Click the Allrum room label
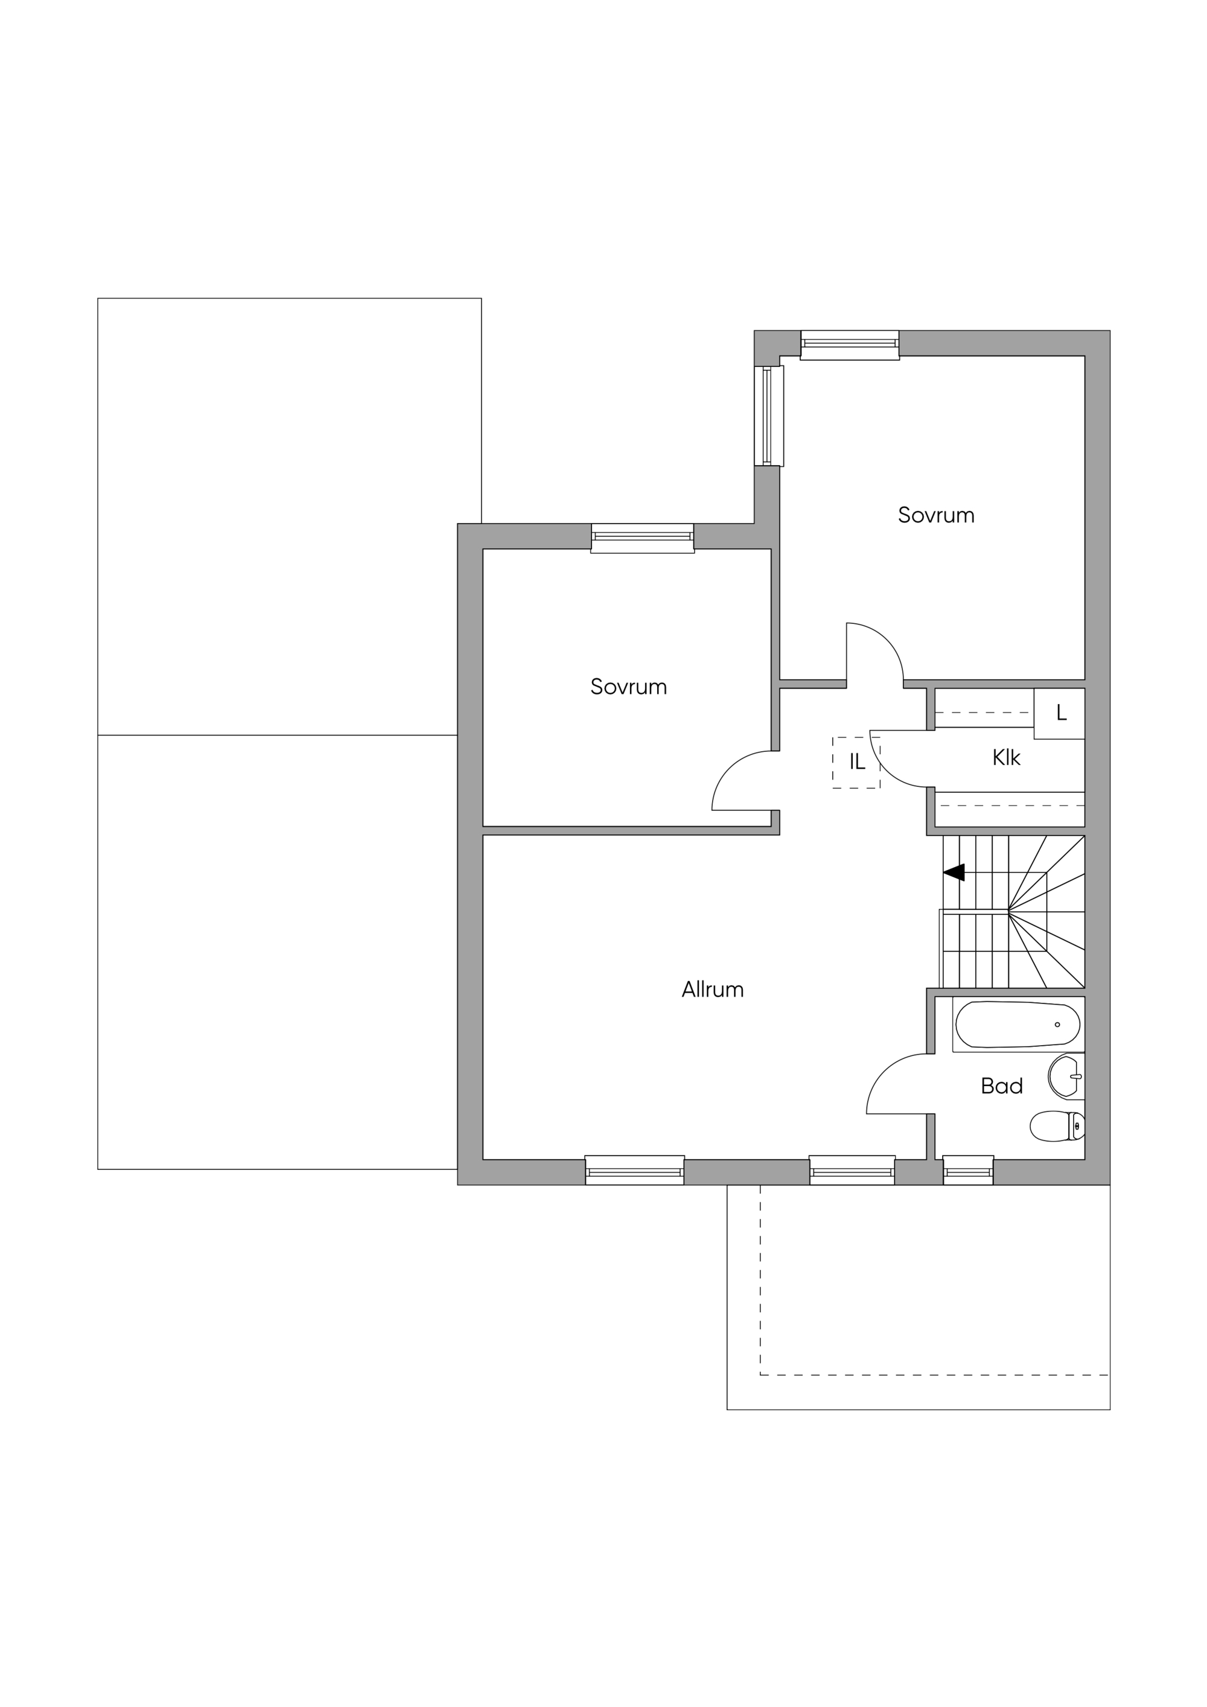pos(713,990)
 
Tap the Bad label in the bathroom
pos(1002,1086)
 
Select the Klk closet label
pos(1006,758)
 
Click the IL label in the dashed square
pos(858,761)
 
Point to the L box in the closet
pos(1060,713)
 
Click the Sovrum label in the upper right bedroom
pos(936,515)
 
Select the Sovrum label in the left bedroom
pos(628,686)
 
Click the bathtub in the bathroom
pos(1018,1025)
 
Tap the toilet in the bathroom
pos(1057,1127)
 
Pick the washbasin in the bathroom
pos(1066,1076)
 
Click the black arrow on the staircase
pos(954,872)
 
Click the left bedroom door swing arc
pos(730,769)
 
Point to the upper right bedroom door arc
pos(886,640)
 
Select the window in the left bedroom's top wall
pos(643,538)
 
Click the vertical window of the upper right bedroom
pos(769,416)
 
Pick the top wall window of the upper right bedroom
pos(850,345)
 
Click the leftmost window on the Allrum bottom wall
pos(634,1170)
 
